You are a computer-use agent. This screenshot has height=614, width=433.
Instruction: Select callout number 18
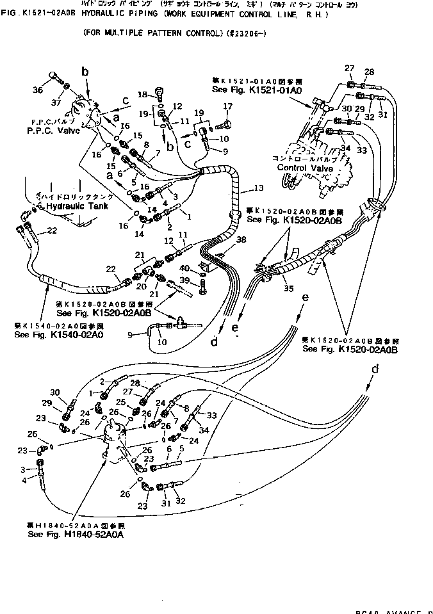pos(142,93)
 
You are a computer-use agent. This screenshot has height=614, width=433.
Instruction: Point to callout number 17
pos(227,106)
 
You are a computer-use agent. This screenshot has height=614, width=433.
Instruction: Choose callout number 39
pos(183,281)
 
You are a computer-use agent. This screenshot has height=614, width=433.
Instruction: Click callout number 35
pos(289,289)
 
